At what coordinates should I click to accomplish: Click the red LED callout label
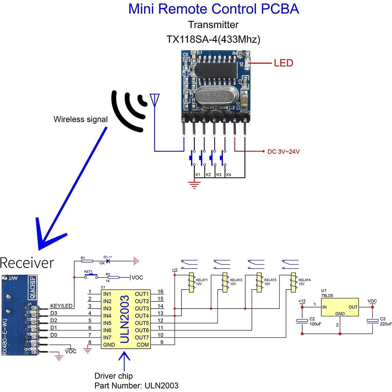click(283, 63)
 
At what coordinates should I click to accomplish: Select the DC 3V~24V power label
click(283, 152)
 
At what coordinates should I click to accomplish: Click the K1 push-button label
click(198, 175)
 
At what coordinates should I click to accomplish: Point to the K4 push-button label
click(229, 175)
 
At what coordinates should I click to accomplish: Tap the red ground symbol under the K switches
click(194, 185)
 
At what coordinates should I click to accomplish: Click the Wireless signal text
click(80, 119)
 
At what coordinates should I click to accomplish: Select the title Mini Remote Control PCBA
click(213, 9)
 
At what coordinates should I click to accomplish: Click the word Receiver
click(27, 263)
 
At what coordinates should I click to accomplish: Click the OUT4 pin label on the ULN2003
click(142, 316)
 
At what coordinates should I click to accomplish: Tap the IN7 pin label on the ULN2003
click(107, 337)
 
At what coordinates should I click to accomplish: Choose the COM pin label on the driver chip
click(142, 345)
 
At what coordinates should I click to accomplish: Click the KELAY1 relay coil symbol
click(191, 282)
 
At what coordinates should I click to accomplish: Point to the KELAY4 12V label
click(304, 282)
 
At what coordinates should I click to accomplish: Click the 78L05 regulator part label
click(327, 295)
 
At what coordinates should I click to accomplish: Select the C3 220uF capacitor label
click(386, 321)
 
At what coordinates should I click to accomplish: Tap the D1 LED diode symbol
click(108, 261)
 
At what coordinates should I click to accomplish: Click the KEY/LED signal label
click(61, 306)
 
